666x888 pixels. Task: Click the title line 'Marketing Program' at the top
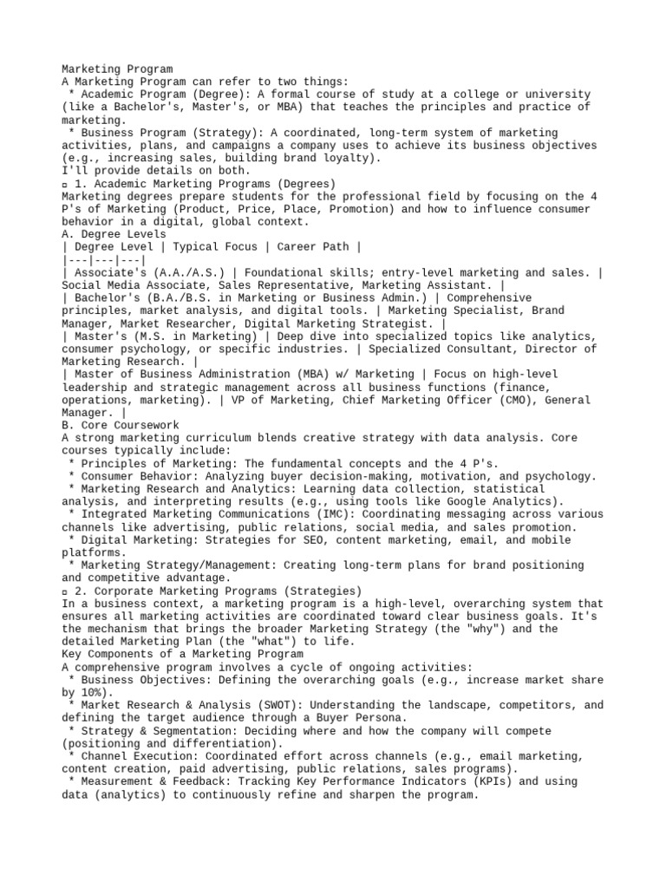point(117,69)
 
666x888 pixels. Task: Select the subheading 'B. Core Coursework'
point(121,426)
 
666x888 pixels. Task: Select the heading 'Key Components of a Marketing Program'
point(183,655)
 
